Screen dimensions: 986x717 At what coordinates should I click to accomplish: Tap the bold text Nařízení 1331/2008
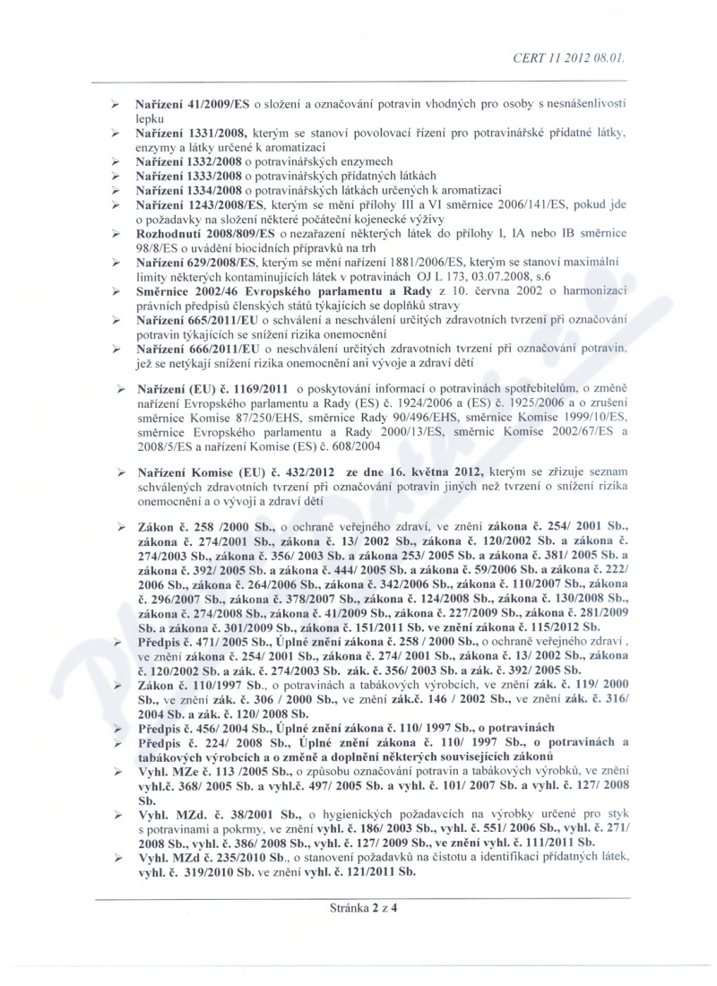192,133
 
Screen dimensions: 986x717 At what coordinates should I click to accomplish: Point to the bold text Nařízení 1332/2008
191,161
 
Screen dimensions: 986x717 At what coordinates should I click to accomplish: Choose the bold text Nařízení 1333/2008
191,176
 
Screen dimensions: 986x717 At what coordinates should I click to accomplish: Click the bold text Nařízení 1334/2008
191,190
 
